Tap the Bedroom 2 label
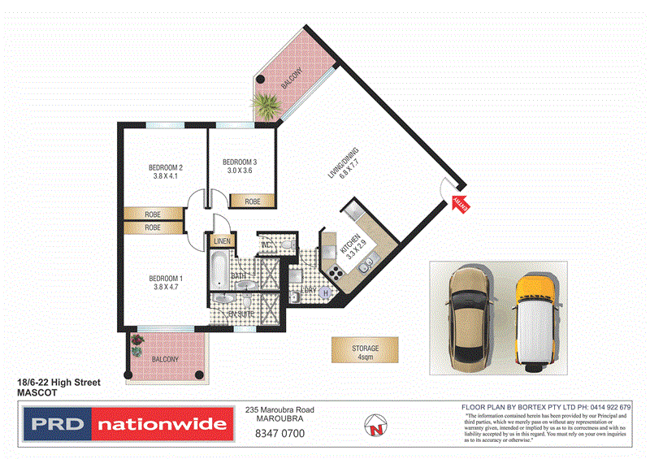coord(165,168)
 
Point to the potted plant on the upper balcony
coord(266,103)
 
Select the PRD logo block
coord(56,424)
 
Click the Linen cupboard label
coord(222,241)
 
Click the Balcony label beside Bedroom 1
coord(166,358)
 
